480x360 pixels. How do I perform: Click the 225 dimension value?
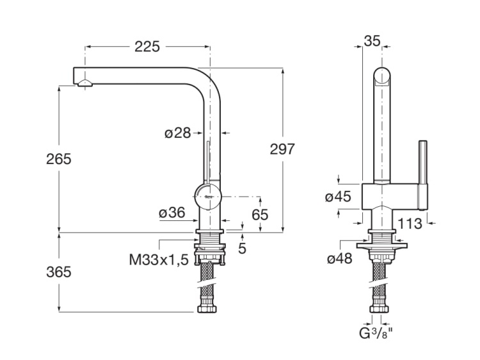point(147,46)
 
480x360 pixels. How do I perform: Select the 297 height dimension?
point(282,149)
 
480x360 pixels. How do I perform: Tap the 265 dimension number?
point(58,159)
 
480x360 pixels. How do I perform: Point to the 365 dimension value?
point(58,272)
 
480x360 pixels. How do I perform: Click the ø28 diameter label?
point(177,133)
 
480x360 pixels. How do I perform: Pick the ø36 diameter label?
point(172,213)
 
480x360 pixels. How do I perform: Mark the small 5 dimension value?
point(242,248)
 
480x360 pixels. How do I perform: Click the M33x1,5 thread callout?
point(159,260)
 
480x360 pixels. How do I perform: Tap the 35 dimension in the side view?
point(372,40)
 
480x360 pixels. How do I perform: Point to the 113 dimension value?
point(410,224)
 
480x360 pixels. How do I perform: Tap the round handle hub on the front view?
point(208,194)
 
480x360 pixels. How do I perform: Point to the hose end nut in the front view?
point(207,308)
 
